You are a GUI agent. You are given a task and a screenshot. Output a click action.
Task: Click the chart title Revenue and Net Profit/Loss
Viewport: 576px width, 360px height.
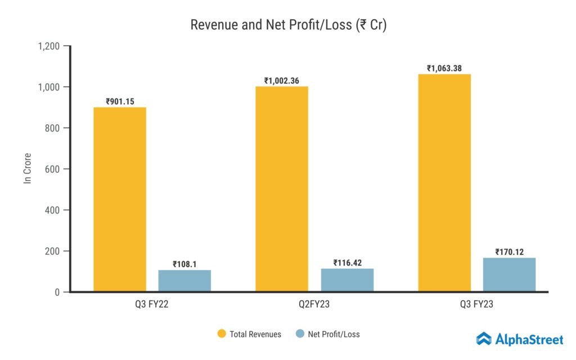click(x=288, y=25)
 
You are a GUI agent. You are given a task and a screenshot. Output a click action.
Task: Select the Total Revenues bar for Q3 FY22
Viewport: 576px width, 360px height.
click(x=119, y=200)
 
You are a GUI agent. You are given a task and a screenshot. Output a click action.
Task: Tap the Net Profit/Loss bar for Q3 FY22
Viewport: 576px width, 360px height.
click(x=184, y=281)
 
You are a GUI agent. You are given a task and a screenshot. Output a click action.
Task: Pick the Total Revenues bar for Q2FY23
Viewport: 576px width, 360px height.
click(x=282, y=189)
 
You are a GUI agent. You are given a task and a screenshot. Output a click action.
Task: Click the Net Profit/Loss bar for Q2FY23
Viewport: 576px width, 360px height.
click(x=347, y=280)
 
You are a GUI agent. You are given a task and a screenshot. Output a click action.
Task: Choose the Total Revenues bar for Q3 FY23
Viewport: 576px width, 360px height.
click(x=444, y=183)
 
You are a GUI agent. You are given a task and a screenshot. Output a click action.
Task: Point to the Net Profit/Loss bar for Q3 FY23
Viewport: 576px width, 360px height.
click(x=509, y=274)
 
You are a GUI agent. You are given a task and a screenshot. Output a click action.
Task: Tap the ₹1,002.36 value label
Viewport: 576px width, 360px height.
click(x=282, y=81)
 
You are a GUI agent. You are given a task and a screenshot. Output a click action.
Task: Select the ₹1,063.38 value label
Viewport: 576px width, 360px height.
click(x=444, y=69)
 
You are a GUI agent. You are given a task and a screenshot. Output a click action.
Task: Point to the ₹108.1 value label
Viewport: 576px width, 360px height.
click(x=184, y=264)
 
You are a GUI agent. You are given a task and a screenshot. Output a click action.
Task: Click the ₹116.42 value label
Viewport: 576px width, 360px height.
click(x=347, y=263)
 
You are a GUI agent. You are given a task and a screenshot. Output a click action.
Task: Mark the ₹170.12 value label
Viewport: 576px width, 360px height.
click(x=509, y=252)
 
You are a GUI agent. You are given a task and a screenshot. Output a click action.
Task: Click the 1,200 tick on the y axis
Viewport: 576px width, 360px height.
click(x=49, y=46)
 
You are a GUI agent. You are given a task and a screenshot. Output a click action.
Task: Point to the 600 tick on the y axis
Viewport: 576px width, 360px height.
click(x=53, y=169)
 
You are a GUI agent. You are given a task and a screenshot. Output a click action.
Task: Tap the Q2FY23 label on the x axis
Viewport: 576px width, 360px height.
click(x=314, y=305)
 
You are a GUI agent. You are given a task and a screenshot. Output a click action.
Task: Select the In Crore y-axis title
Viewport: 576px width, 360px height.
click(x=27, y=168)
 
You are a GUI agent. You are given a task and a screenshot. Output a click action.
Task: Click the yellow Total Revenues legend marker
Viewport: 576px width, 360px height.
click(x=222, y=334)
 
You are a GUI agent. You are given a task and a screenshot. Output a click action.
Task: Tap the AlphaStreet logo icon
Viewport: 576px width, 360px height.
click(x=484, y=339)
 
